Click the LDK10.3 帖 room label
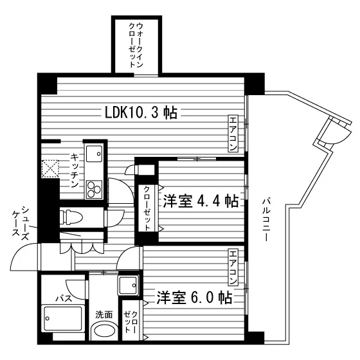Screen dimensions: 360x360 pyautogui.click(x=141, y=113)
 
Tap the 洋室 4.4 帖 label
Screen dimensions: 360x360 pyautogui.click(x=201, y=201)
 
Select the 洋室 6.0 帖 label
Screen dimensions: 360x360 pyautogui.click(x=194, y=298)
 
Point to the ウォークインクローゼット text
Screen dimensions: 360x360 pyautogui.click(x=136, y=45)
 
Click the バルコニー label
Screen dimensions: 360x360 pyautogui.click(x=265, y=220)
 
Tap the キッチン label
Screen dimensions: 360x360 pyautogui.click(x=75, y=170)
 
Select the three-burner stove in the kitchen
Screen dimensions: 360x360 pyautogui.click(x=94, y=190)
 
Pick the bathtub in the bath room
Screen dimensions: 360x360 pyautogui.click(x=63, y=318)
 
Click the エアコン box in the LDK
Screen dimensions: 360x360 pyautogui.click(x=233, y=134)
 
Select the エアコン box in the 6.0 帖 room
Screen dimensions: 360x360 pyautogui.click(x=233, y=266)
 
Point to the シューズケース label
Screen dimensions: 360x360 pyautogui.click(x=21, y=222)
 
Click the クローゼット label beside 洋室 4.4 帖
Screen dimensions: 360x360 pyautogui.click(x=147, y=208)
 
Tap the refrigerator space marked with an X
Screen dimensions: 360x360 pyautogui.click(x=50, y=168)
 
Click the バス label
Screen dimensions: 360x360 pyautogui.click(x=64, y=299)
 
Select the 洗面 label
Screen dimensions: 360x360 pyautogui.click(x=104, y=314)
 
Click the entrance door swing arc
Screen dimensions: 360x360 pyautogui.click(x=21, y=253)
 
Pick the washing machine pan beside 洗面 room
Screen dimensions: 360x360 pyautogui.click(x=129, y=285)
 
